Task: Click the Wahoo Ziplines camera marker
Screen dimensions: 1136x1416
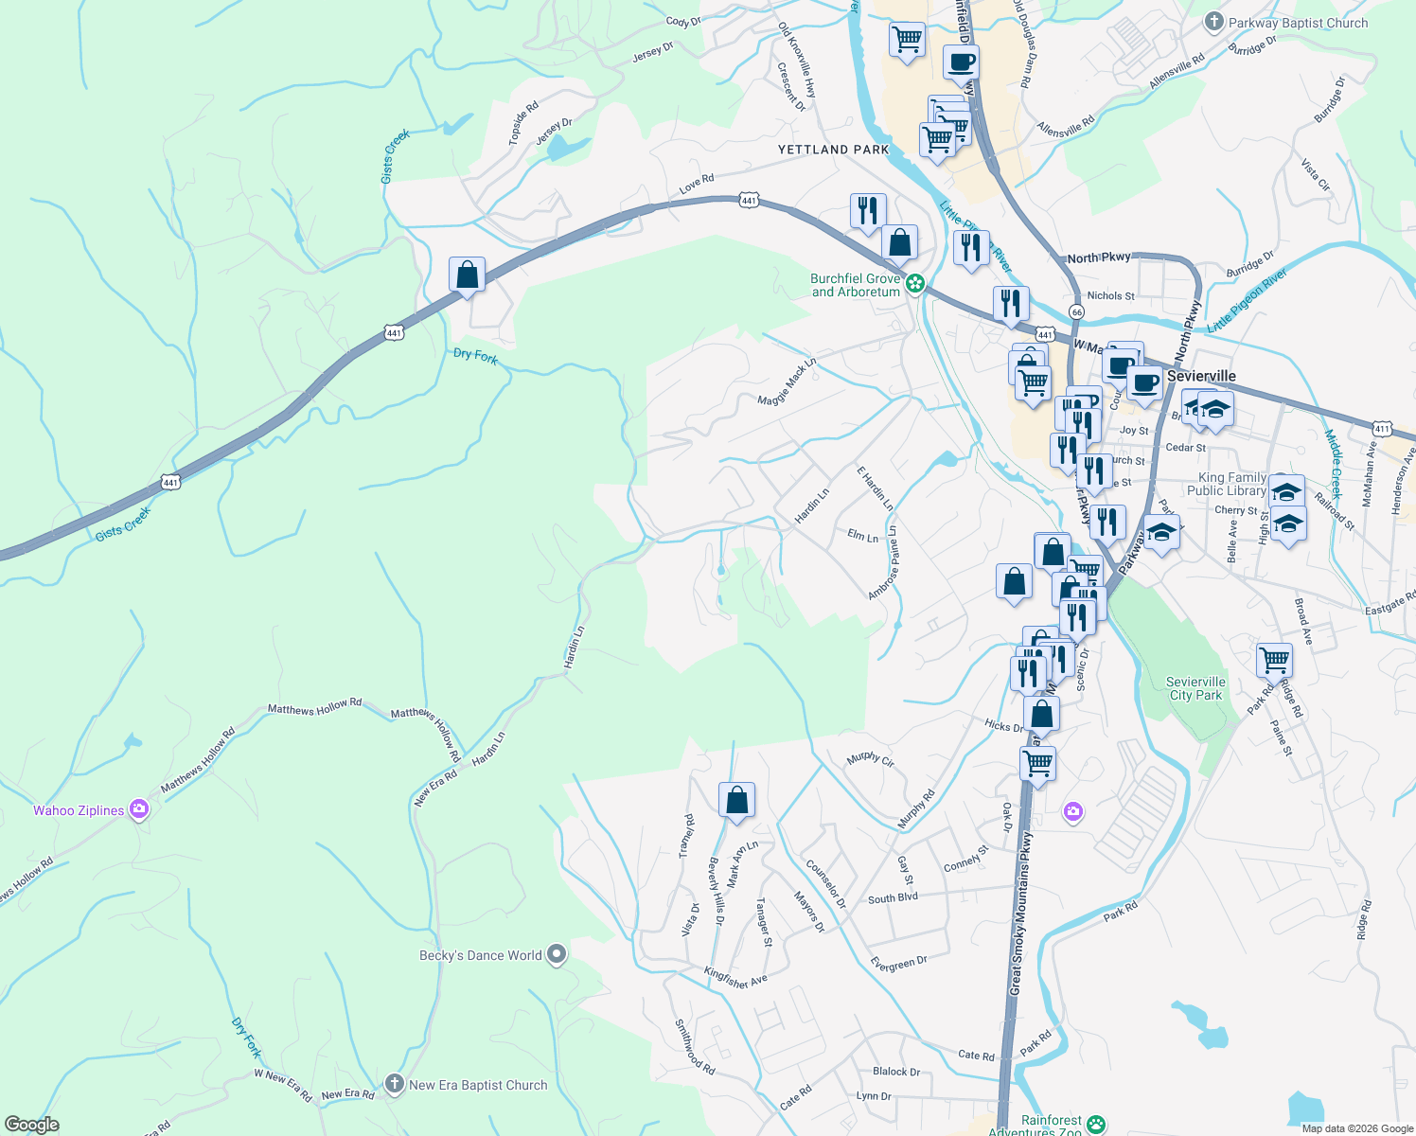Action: [139, 809]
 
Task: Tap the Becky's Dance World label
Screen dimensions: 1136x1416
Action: [481, 955]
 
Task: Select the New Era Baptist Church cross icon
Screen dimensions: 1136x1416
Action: [395, 1084]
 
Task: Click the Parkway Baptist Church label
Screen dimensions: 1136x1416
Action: [1298, 23]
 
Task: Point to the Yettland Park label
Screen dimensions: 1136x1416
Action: [833, 150]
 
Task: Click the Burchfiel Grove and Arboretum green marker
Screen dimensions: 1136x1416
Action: [915, 283]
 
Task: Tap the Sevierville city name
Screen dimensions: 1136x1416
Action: [1201, 376]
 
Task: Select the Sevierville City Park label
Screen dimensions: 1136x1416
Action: [1195, 688]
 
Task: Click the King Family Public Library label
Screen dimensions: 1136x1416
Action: [1231, 485]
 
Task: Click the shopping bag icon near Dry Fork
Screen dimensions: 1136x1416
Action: [468, 275]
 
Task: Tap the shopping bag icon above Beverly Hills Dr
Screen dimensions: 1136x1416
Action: [736, 800]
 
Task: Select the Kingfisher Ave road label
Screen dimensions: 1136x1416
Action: [735, 977]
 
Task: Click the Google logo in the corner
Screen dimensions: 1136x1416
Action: [31, 1124]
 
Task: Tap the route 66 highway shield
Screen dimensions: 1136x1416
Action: [1076, 311]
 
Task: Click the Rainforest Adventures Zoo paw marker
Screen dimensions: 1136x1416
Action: [1096, 1124]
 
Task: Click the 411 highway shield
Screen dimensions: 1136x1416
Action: [1383, 429]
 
